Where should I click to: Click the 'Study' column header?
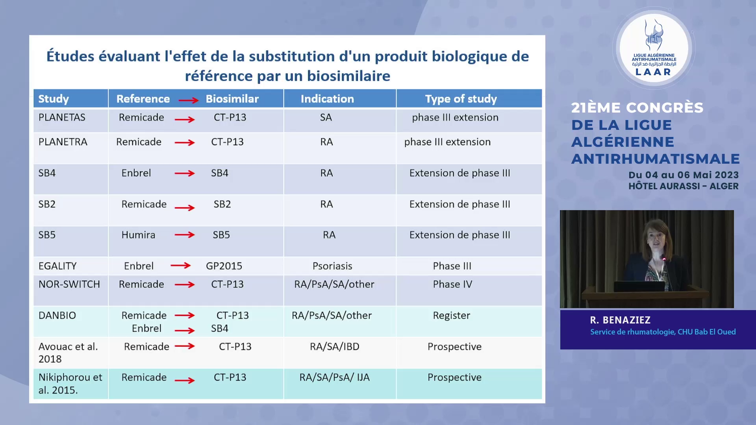click(x=54, y=99)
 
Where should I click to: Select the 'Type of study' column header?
click(x=461, y=99)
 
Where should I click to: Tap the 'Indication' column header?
click(x=327, y=99)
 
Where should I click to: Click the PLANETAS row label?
click(x=62, y=117)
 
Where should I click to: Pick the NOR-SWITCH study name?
click(x=69, y=284)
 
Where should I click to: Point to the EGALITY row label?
click(x=57, y=266)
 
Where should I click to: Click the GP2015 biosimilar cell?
click(x=224, y=266)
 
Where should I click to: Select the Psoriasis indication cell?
click(x=332, y=266)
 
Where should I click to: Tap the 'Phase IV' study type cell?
click(x=452, y=284)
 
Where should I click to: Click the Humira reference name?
click(x=138, y=235)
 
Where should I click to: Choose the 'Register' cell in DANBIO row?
click(x=451, y=316)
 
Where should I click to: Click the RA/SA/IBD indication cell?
click(x=335, y=347)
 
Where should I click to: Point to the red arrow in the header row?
click(x=189, y=100)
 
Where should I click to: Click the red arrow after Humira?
click(x=185, y=235)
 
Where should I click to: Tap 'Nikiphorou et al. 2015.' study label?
click(x=70, y=384)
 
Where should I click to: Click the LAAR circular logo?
click(x=654, y=48)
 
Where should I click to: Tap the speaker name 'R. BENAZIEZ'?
click(x=620, y=320)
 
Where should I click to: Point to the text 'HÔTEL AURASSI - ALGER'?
click(x=684, y=187)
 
